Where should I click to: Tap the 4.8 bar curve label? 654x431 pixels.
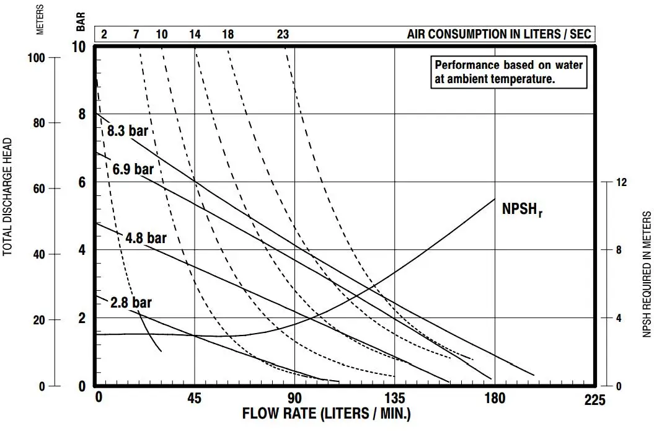point(146,238)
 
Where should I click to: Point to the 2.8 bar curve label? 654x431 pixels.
point(131,303)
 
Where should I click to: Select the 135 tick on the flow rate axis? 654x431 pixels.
point(395,399)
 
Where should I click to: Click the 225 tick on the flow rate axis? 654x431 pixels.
point(594,400)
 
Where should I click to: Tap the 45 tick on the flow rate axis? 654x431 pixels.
point(194,399)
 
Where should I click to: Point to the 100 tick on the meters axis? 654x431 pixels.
point(38,57)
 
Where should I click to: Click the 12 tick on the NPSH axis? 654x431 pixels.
point(621,182)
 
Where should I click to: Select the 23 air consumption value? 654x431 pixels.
point(283,34)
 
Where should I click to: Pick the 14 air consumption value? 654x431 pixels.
point(195,34)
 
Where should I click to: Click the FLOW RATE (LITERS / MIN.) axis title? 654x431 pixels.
point(326,414)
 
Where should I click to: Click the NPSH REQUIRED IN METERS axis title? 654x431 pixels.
point(647,274)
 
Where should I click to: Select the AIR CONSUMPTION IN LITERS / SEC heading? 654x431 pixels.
point(499,34)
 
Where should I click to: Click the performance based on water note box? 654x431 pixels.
point(509,72)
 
